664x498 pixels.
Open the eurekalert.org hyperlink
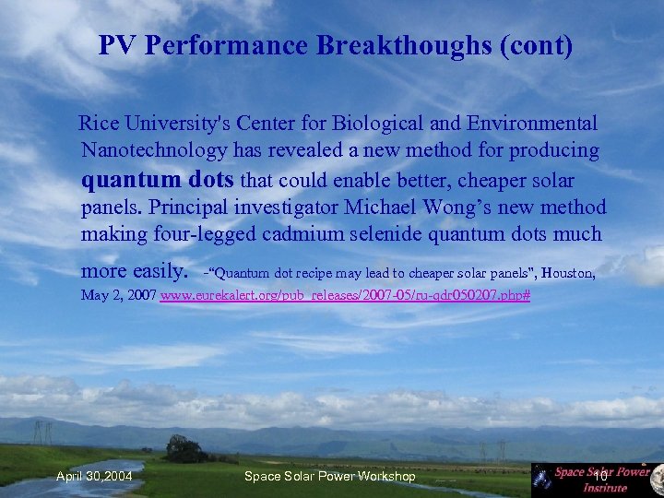tap(345, 296)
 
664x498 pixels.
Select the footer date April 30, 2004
tap(94, 476)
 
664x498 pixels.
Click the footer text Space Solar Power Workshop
tap(329, 476)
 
